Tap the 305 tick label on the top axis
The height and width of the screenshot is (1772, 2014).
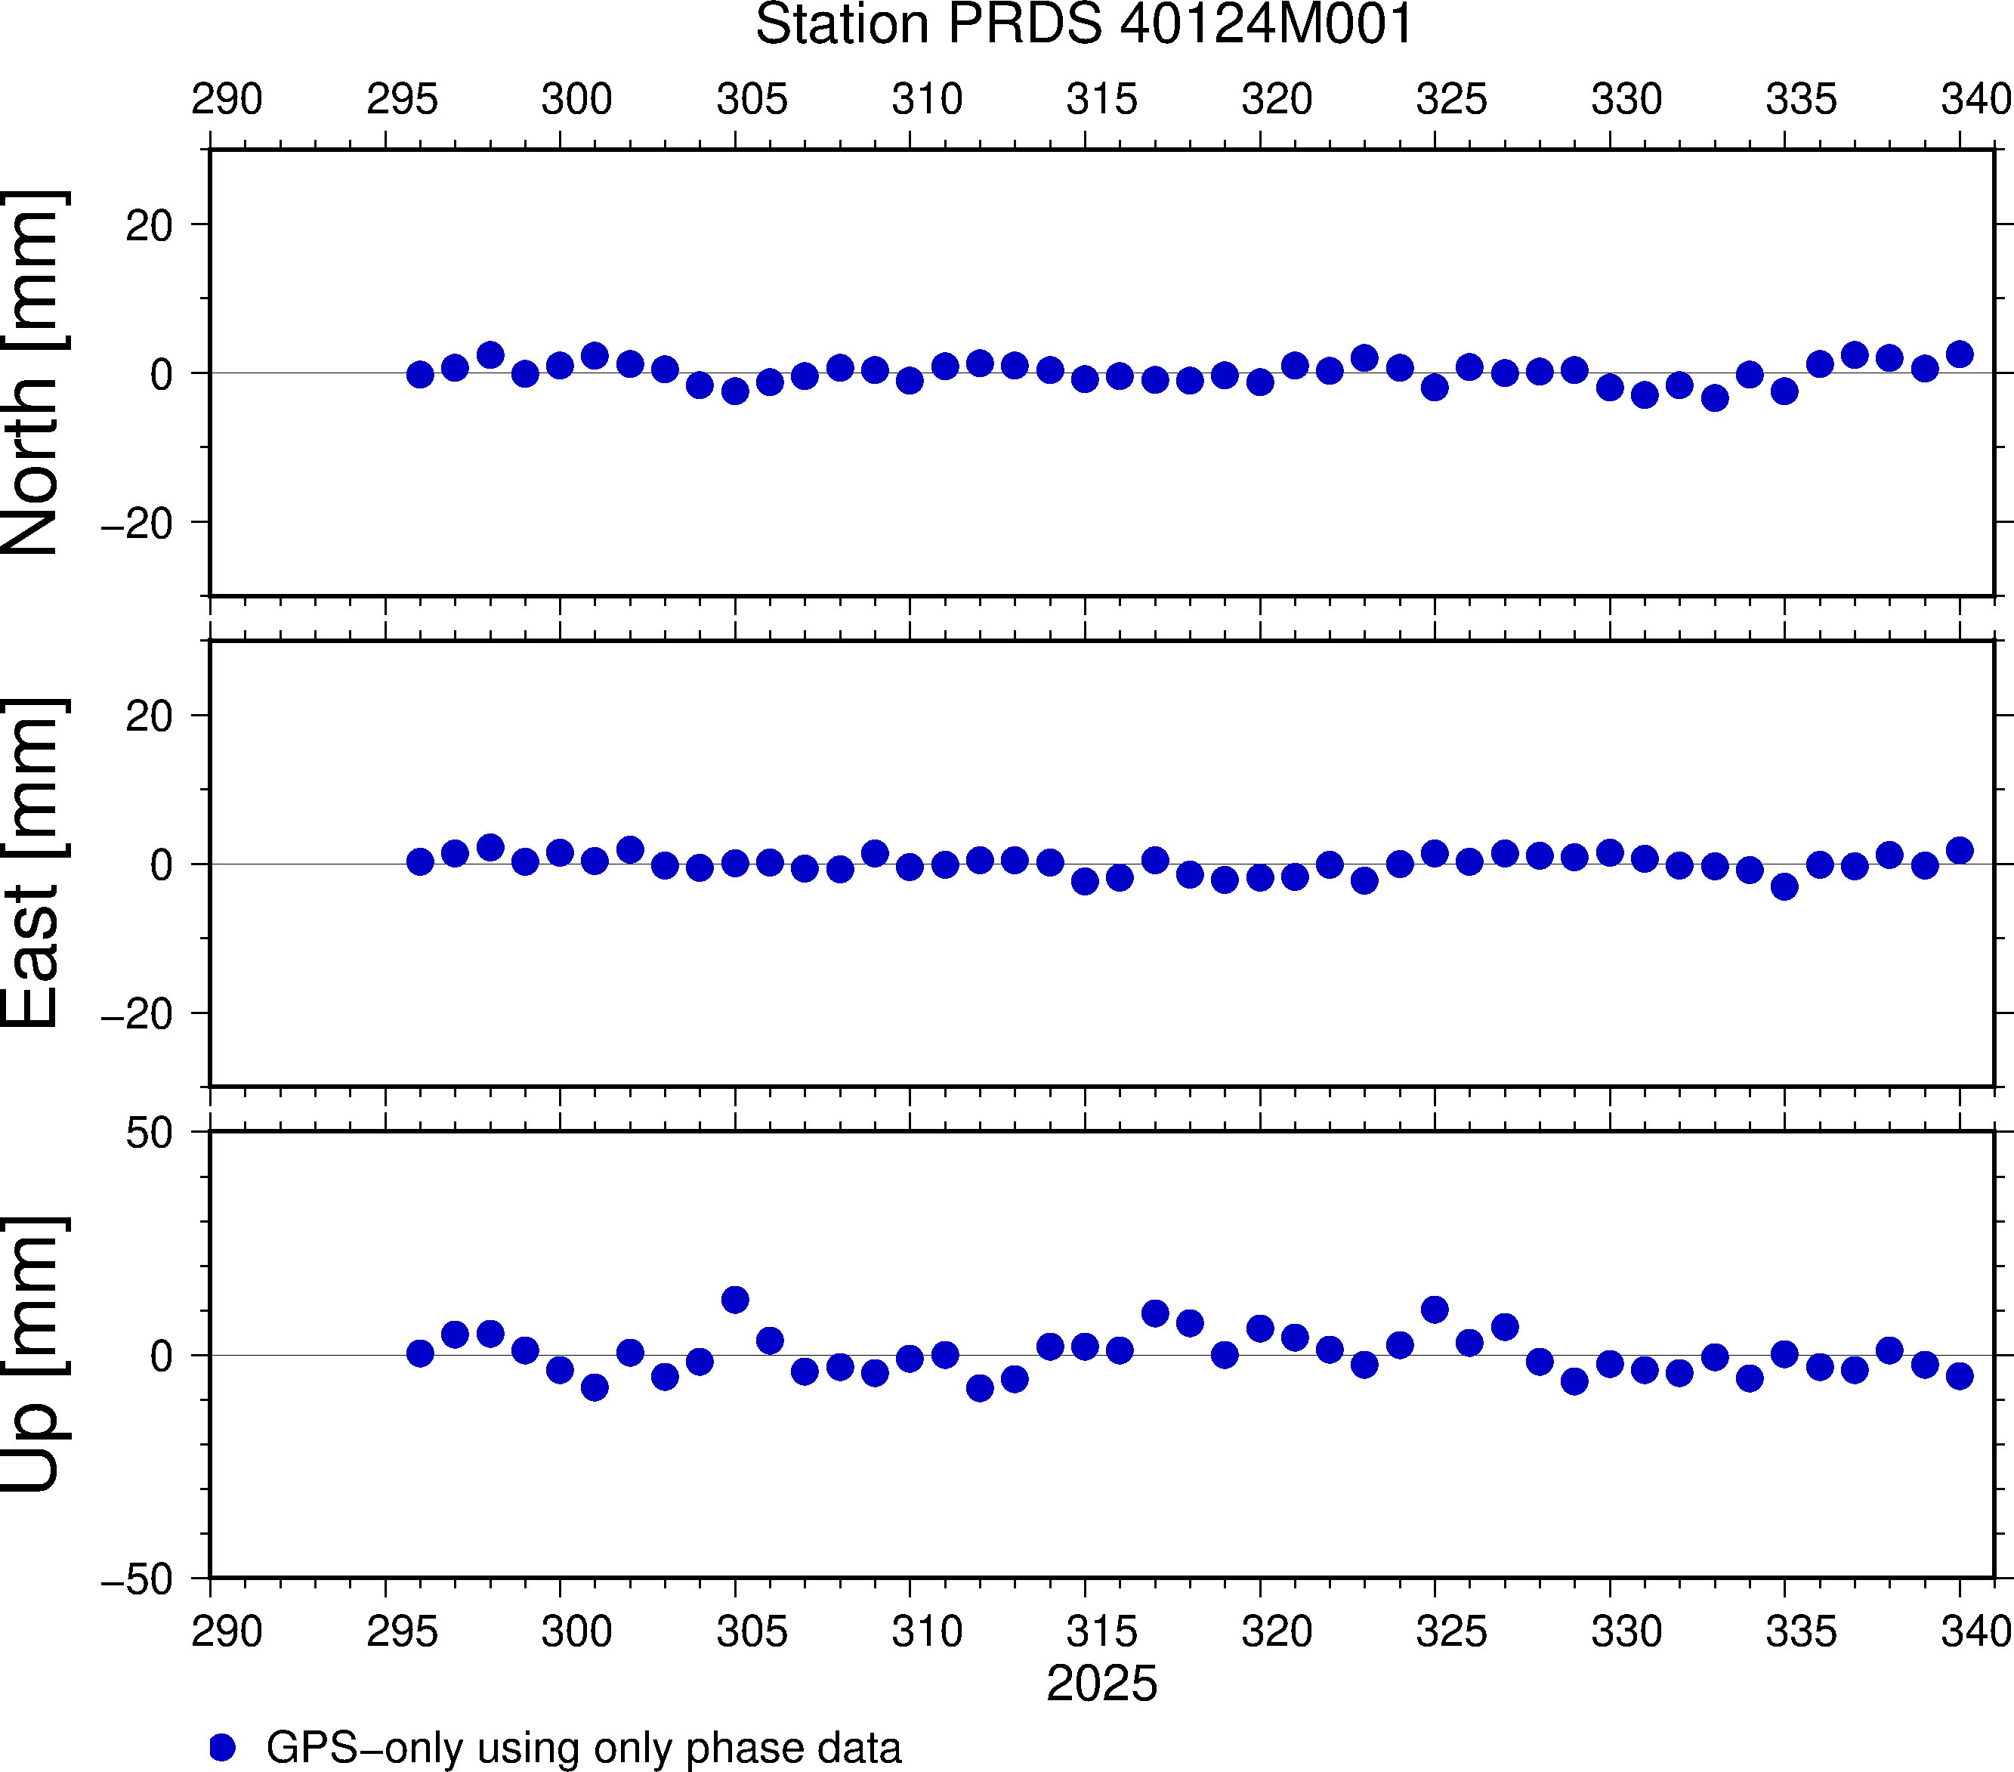point(752,100)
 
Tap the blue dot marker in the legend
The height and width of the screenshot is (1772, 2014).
point(223,1747)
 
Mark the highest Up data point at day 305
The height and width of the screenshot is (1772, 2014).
point(735,1300)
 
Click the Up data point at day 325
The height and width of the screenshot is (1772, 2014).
point(1435,1310)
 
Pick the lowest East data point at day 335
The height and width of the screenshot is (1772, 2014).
point(1784,887)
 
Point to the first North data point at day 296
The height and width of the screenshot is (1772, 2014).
point(420,375)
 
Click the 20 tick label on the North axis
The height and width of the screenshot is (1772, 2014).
point(149,227)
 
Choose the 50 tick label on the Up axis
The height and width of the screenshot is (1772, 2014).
point(149,1134)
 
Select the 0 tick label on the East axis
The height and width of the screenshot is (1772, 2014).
point(162,865)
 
